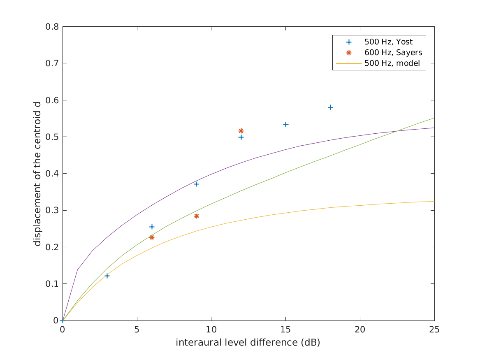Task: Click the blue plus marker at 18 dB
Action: (330, 107)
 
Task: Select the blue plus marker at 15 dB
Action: (285, 124)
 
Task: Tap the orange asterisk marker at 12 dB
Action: (241, 131)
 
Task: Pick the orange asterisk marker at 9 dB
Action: (196, 216)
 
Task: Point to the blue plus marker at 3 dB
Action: (107, 276)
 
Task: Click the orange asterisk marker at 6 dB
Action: (152, 237)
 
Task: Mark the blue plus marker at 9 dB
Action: (196, 184)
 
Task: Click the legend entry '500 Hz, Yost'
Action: (388, 42)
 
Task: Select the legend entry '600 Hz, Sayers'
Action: (393, 53)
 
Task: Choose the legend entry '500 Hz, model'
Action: (392, 63)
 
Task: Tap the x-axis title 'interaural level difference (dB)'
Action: (248, 343)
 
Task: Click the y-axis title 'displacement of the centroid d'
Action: (38, 173)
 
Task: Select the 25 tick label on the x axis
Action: (434, 330)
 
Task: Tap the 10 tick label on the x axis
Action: (211, 330)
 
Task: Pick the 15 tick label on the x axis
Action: (285, 330)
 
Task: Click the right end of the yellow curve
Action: (434, 201)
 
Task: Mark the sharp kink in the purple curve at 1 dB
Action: (77, 269)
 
